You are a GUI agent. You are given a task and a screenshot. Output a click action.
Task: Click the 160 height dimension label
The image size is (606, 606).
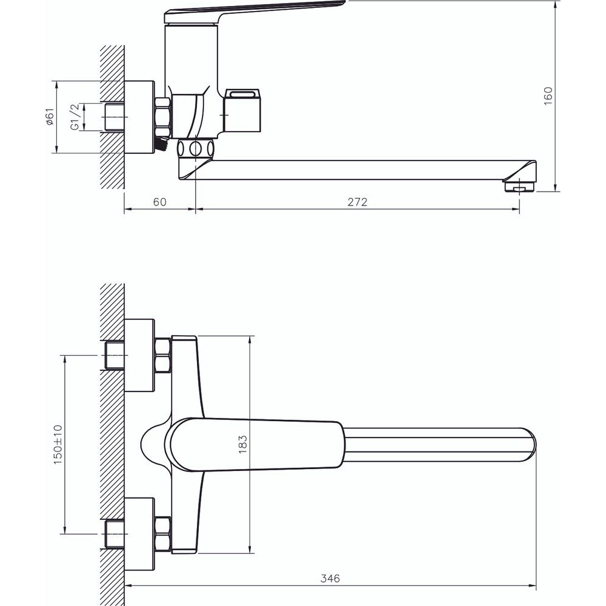point(548,96)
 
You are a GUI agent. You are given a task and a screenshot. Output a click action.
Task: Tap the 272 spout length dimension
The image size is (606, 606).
point(357,202)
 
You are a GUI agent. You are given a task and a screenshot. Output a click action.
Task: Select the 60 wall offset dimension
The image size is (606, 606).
point(159,202)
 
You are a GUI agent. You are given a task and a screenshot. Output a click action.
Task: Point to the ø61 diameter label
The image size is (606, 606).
point(50,117)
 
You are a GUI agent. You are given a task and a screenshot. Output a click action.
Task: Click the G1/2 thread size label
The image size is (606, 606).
point(75,117)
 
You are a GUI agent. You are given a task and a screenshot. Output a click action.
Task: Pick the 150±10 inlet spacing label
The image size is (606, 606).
point(58,444)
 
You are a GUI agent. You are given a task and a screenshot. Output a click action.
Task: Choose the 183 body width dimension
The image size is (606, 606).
point(242,444)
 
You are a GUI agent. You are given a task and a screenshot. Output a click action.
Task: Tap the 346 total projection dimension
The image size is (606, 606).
point(330,579)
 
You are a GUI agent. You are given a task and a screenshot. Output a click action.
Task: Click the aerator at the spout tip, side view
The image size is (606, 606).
point(520,187)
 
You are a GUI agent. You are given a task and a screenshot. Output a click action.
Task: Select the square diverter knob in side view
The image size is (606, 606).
point(243,110)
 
